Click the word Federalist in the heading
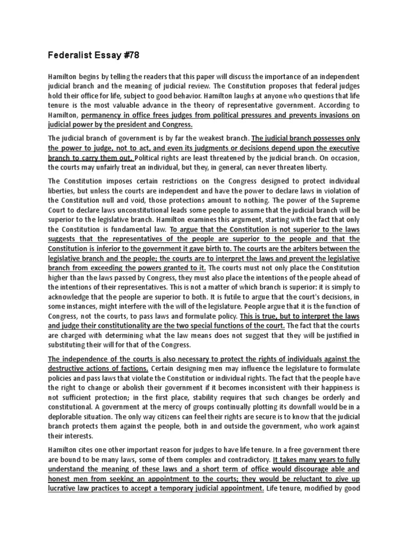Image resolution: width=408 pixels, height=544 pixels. click(71, 55)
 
